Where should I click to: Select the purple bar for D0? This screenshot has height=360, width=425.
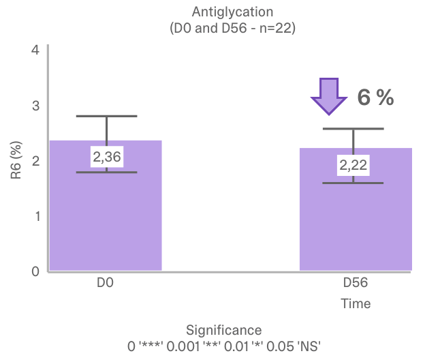(x=106, y=218)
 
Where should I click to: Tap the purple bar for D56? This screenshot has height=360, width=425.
(x=356, y=225)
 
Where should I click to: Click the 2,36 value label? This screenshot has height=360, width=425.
(x=106, y=157)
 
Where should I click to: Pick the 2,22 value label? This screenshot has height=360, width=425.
(x=353, y=165)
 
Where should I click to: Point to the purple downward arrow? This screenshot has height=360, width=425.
(x=329, y=95)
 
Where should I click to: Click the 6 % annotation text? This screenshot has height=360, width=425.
(x=375, y=97)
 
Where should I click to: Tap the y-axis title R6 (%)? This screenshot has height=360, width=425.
(x=16, y=161)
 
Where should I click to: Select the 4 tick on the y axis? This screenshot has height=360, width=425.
(x=35, y=50)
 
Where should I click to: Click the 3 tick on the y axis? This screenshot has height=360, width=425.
(x=35, y=106)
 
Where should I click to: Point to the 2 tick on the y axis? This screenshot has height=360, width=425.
(x=35, y=161)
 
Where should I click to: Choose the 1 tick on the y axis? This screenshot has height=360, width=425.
(x=35, y=216)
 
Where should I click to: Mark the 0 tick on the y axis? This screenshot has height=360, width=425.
(x=35, y=271)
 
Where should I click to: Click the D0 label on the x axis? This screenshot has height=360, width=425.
(x=105, y=283)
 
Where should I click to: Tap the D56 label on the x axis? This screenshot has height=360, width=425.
(x=356, y=283)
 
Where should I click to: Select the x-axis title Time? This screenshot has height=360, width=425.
(x=356, y=303)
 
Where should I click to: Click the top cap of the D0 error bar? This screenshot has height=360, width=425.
(x=106, y=117)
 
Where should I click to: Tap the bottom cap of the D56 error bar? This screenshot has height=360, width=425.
(x=353, y=183)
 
